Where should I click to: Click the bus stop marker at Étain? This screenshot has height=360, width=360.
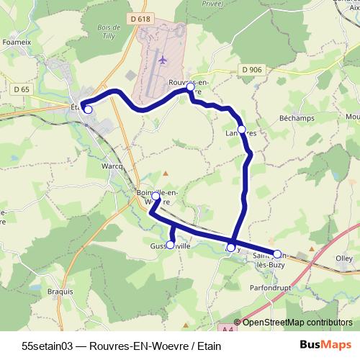(88, 109)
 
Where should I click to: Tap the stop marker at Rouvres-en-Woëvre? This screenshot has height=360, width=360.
(191, 87)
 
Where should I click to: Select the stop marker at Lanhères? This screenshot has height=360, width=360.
(242, 129)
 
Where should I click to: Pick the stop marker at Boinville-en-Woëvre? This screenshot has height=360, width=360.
(156, 196)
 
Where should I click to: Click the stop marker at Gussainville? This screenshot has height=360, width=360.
(171, 244)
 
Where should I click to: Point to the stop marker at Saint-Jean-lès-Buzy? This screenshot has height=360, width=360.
(276, 253)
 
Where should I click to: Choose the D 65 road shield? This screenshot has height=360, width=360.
(22, 89)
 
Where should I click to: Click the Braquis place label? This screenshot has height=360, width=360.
(60, 292)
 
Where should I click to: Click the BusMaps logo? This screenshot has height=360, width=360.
(325, 345)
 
